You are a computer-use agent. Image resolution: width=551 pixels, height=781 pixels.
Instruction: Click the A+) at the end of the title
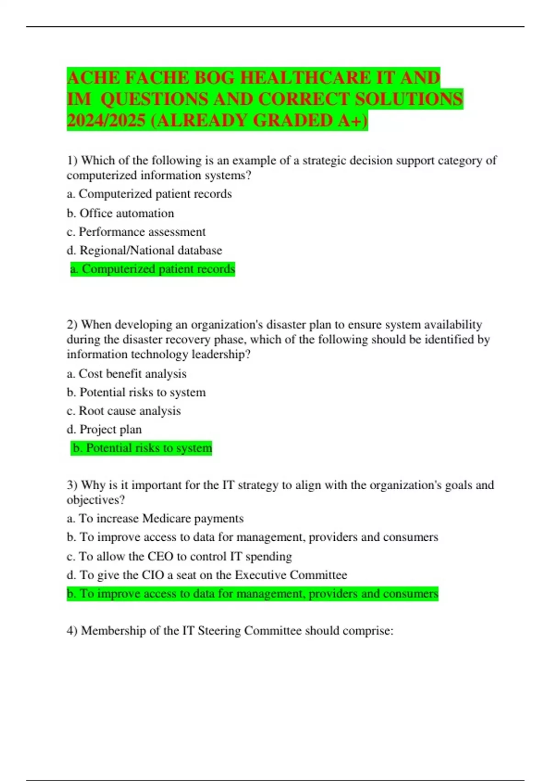click(353, 120)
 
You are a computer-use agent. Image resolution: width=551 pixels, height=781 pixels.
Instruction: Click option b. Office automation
click(120, 213)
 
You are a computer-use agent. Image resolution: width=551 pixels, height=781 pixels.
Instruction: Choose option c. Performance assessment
click(136, 232)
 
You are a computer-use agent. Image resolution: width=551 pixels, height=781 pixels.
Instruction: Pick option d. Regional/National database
click(144, 250)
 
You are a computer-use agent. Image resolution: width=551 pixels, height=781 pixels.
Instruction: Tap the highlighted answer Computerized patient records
click(152, 269)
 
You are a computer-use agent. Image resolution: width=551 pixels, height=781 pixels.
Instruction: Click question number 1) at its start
click(73, 160)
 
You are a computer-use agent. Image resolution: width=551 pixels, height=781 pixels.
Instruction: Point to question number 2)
click(73, 324)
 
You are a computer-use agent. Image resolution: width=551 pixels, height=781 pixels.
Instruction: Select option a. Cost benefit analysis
click(126, 374)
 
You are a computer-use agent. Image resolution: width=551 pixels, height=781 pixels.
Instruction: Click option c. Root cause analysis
click(124, 411)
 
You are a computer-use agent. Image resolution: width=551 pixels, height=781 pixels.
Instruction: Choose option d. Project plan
click(104, 429)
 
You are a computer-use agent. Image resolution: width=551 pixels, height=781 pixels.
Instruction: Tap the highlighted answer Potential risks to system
click(142, 448)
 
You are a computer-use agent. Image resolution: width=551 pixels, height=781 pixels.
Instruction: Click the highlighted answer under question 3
click(252, 594)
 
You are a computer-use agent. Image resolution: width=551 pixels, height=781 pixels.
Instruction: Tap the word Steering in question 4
click(219, 630)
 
